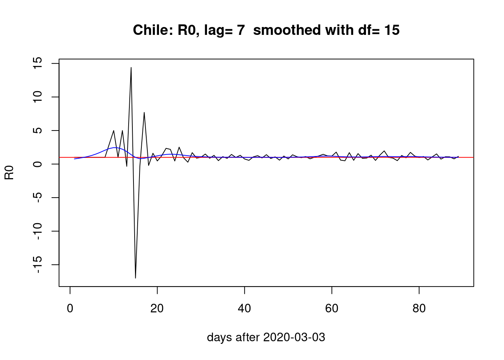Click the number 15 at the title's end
click(x=391, y=30)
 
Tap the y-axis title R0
click(x=9, y=172)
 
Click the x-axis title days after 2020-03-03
click(x=266, y=337)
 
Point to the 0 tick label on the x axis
click(x=70, y=309)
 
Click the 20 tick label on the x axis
click(x=157, y=309)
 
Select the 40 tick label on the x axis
click(x=244, y=309)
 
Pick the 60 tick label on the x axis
click(x=332, y=309)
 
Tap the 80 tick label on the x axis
click(x=419, y=309)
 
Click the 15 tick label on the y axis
click(x=37, y=63)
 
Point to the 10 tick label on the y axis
click(x=37, y=97)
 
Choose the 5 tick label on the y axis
click(x=37, y=130)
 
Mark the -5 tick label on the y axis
click(x=37, y=198)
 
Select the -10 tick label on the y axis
click(x=37, y=231)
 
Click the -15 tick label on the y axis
click(x=37, y=265)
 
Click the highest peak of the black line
click(x=131, y=67)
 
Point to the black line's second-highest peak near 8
click(x=144, y=112)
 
